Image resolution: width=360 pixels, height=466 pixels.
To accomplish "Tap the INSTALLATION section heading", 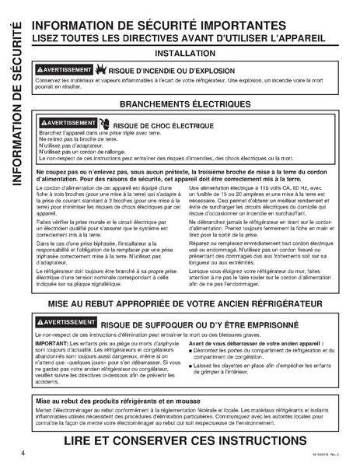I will point(186,54).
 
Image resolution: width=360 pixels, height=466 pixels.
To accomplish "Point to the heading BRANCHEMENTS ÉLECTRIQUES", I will point(185,104).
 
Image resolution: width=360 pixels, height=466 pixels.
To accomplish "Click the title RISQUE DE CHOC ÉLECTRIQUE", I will point(163,124).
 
